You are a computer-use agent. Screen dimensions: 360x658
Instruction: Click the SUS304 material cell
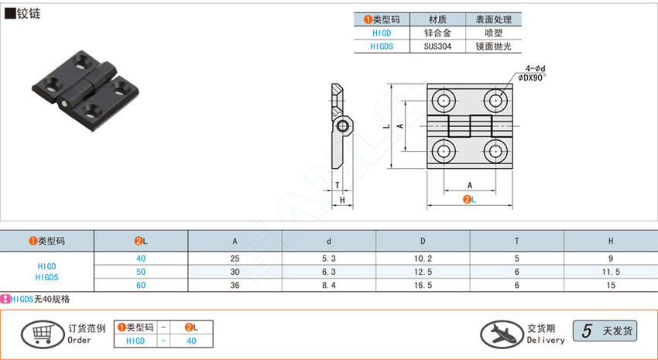click(x=438, y=46)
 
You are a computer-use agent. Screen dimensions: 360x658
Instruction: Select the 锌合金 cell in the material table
click(x=438, y=33)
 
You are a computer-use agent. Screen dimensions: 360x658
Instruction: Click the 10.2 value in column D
click(x=423, y=258)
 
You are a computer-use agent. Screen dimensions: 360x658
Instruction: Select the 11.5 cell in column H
click(x=610, y=272)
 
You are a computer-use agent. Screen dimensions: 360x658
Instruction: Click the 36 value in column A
click(x=235, y=285)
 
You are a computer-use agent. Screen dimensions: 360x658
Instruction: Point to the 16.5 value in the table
click(x=423, y=285)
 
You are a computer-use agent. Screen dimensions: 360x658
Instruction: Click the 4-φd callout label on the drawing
click(x=534, y=68)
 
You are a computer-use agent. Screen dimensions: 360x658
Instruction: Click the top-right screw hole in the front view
click(x=495, y=99)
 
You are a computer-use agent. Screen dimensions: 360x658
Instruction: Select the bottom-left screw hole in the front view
click(x=444, y=150)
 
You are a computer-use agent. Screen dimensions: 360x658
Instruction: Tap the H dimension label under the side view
click(x=341, y=201)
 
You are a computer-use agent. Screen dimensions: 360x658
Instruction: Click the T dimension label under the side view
click(x=338, y=184)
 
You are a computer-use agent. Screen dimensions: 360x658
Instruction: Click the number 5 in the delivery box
click(x=588, y=331)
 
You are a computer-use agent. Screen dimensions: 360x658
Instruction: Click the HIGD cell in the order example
click(x=135, y=340)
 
